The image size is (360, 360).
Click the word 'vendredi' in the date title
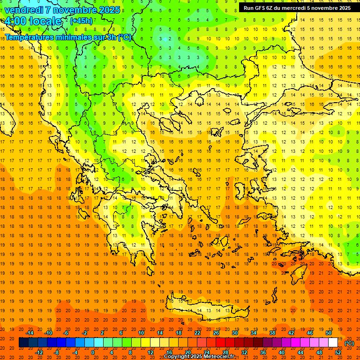tap(25, 10)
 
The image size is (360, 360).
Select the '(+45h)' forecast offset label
tap(81, 21)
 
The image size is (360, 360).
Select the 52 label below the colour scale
tap(338, 352)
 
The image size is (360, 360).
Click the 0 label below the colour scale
tap(93, 352)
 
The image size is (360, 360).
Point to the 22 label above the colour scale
tap(197, 332)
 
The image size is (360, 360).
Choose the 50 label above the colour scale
tap(329, 332)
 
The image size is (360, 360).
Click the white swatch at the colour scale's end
tap(333, 343)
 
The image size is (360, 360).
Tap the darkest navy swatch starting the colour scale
tap(23, 343)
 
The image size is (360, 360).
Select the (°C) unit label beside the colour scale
tap(349, 343)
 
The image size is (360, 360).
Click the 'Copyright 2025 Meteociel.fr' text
tap(199, 357)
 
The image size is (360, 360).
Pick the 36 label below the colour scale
tap(263, 352)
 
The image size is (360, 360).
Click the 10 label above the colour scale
tap(141, 332)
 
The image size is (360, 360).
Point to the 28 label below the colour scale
tap(225, 352)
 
